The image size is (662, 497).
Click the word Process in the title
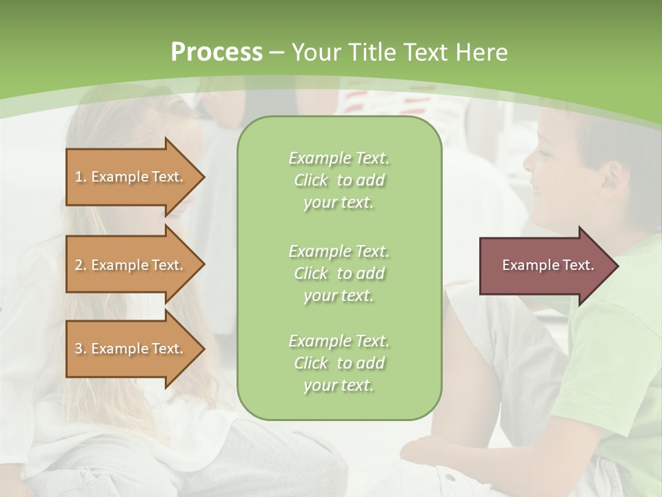coord(217,52)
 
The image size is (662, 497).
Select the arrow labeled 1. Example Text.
coord(131,177)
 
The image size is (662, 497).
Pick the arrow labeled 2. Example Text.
coord(131,265)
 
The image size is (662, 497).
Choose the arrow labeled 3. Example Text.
coord(131,349)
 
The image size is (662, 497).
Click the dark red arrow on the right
coord(545,266)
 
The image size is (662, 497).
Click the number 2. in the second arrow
coord(81,265)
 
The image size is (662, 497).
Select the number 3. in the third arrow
coord(81,349)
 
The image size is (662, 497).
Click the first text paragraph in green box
coord(339,180)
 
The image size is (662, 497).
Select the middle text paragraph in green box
coord(339,273)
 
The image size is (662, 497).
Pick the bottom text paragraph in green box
coord(339,363)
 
